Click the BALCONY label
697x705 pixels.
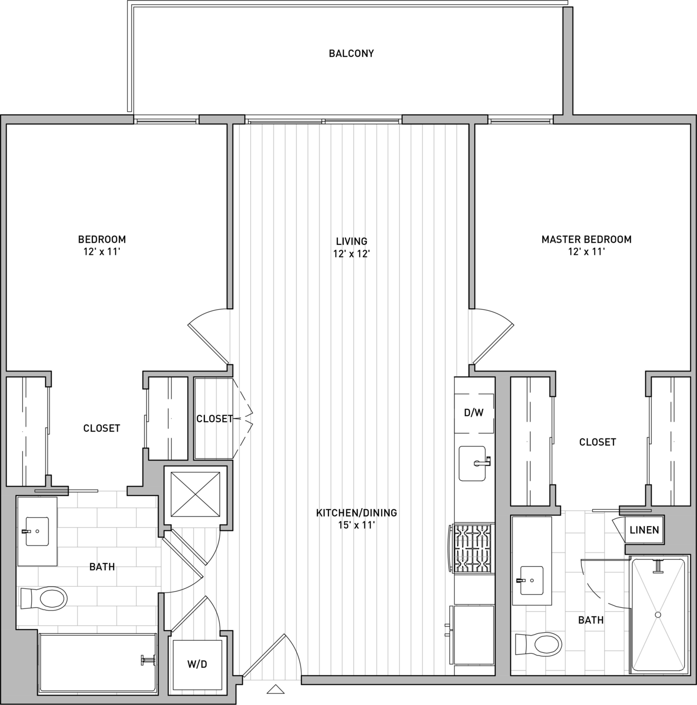pyautogui.click(x=351, y=53)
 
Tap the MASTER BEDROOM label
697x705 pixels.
pyautogui.click(x=587, y=239)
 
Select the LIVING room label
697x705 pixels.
pyautogui.click(x=352, y=241)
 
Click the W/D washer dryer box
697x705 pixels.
pyautogui.click(x=197, y=664)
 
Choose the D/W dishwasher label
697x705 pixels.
pyautogui.click(x=474, y=413)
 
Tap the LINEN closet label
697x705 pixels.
pyautogui.click(x=644, y=529)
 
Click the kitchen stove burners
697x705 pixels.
pyautogui.click(x=473, y=548)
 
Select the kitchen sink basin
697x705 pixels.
pyautogui.click(x=473, y=463)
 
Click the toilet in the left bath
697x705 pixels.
pyautogui.click(x=44, y=598)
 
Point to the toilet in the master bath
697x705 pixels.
pyautogui.click(x=539, y=644)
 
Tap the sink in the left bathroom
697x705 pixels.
pyautogui.click(x=37, y=531)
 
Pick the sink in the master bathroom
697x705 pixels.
pyautogui.click(x=531, y=580)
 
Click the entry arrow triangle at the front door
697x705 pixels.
pyautogui.click(x=276, y=689)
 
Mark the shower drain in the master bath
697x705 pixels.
pyautogui.click(x=658, y=615)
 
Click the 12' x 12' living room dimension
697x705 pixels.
pyautogui.click(x=351, y=254)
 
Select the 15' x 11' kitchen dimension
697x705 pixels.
pyautogui.click(x=356, y=526)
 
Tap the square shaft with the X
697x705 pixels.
pyautogui.click(x=195, y=494)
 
